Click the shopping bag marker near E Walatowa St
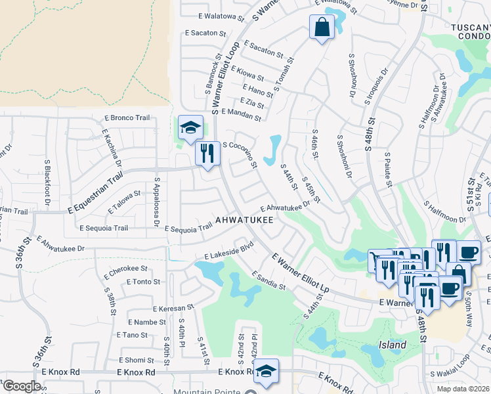tap(322, 28)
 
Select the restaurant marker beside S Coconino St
tap(208, 154)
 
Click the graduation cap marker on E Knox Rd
tap(266, 371)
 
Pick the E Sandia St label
tap(267, 281)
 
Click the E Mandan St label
tap(242, 115)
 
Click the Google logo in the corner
tap(22, 386)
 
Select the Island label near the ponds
tap(393, 345)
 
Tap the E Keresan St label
tap(173, 307)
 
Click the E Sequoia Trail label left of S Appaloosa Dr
tap(103, 229)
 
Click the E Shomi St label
tap(136, 360)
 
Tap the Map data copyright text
tap(463, 389)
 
